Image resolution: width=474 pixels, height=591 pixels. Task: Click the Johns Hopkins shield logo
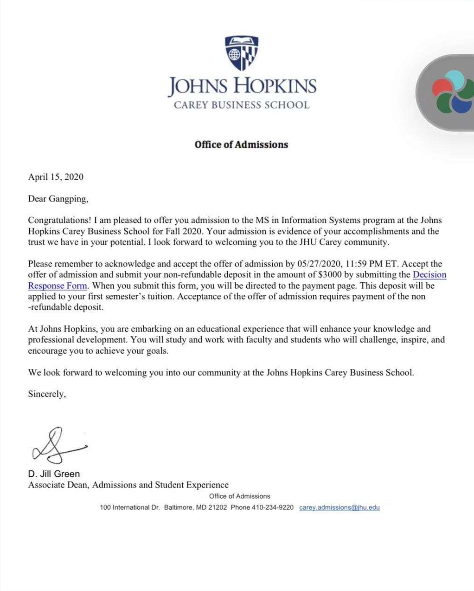tap(241, 53)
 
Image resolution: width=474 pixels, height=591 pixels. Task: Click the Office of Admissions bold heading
tap(241, 144)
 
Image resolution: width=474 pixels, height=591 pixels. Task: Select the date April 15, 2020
tap(56, 177)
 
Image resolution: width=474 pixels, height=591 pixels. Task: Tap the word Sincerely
tap(47, 394)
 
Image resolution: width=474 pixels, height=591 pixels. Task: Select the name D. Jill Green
tap(54, 474)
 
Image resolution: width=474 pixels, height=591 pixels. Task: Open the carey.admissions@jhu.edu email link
tap(339, 507)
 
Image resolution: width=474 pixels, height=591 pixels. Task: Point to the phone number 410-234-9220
tap(273, 507)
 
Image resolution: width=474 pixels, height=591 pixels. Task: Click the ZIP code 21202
tap(218, 507)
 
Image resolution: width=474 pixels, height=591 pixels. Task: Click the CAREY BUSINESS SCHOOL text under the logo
tap(241, 105)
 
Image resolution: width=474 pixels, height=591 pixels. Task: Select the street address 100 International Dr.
tap(130, 507)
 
